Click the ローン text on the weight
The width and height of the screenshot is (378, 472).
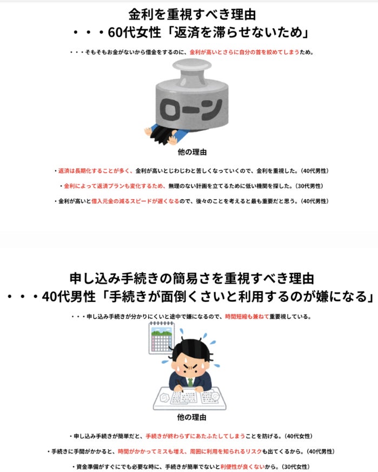click(x=191, y=109)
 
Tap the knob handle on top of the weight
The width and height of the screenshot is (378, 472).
click(x=192, y=69)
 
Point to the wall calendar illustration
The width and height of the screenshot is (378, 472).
click(x=162, y=338)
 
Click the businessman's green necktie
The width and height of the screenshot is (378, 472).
click(x=190, y=382)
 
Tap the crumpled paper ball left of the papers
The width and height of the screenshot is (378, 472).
click(x=164, y=398)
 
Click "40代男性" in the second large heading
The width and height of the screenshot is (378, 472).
click(x=69, y=297)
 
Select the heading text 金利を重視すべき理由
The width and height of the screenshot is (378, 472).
click(x=192, y=14)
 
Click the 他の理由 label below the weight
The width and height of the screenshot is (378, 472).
click(x=192, y=152)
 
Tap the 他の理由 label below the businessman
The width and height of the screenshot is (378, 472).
click(x=191, y=417)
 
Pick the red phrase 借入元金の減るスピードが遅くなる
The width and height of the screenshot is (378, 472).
click(x=135, y=201)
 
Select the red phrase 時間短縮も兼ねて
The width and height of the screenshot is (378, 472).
click(x=247, y=317)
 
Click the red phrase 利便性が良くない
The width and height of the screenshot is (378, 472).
click(x=242, y=467)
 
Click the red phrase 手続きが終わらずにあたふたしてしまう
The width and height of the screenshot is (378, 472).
click(x=195, y=436)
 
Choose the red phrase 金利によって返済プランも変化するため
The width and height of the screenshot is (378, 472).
click(x=115, y=186)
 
